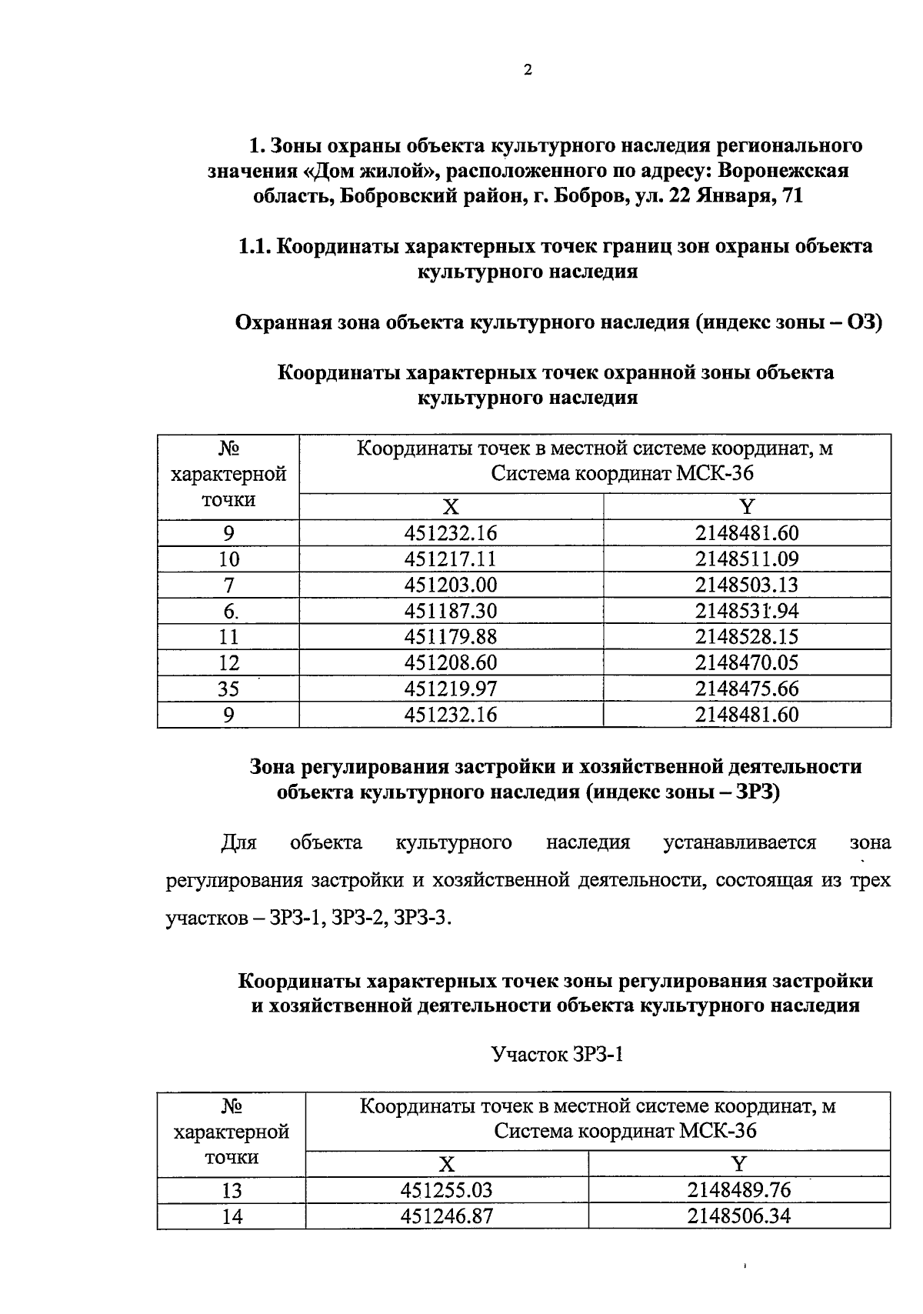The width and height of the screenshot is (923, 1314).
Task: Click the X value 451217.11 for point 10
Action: pyautogui.click(x=451, y=559)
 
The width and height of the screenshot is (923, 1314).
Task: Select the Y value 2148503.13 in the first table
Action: pyautogui.click(x=747, y=585)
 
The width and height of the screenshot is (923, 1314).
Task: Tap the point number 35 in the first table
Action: pyautogui.click(x=228, y=689)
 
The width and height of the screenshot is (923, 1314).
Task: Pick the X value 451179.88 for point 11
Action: pyautogui.click(x=451, y=637)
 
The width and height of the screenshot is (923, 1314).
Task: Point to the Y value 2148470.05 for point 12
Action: pyautogui.click(x=747, y=663)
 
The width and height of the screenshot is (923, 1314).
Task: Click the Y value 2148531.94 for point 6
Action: pyautogui.click(x=747, y=611)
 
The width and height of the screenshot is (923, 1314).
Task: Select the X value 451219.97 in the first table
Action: pyautogui.click(x=451, y=689)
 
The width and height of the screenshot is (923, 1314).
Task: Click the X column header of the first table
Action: pyautogui.click(x=451, y=507)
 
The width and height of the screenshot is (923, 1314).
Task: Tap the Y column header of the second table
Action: pyautogui.click(x=739, y=1164)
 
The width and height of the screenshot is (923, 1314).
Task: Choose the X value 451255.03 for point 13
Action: pyautogui.click(x=446, y=1191)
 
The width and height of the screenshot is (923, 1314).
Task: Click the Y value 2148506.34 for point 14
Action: pyautogui.click(x=739, y=1216)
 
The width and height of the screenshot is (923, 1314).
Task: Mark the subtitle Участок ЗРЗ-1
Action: pyautogui.click(x=557, y=1054)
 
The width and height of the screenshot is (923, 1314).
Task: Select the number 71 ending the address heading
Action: pyautogui.click(x=791, y=196)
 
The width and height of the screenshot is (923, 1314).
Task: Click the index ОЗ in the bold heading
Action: pyautogui.click(x=861, y=322)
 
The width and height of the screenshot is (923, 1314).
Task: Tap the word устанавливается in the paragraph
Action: pyautogui.click(x=739, y=843)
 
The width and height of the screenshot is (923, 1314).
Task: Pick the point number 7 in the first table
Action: pyautogui.click(x=228, y=585)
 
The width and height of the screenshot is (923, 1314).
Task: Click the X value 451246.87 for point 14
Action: pyautogui.click(x=446, y=1216)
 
